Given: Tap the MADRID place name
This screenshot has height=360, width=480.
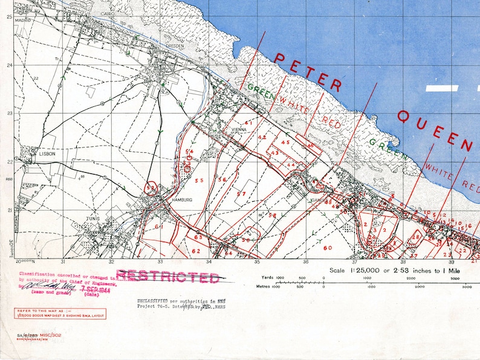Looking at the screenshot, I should [x=22, y=20].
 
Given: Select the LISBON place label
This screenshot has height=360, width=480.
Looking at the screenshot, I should [x=47, y=154].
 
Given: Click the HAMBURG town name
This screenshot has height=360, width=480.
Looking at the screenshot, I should [x=181, y=199].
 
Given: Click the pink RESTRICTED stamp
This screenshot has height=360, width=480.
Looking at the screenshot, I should [x=167, y=277].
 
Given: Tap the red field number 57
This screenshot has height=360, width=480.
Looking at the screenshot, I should [x=241, y=194].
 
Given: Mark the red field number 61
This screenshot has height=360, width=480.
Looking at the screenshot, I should [x=160, y=227].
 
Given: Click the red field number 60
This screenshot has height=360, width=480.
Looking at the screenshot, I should [x=328, y=248].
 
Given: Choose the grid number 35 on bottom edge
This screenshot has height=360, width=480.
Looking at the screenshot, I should [x=256, y=262].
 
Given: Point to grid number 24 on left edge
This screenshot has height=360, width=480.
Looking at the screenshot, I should [x=9, y=65].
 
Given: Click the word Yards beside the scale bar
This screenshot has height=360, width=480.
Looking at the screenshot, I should [x=265, y=278].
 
